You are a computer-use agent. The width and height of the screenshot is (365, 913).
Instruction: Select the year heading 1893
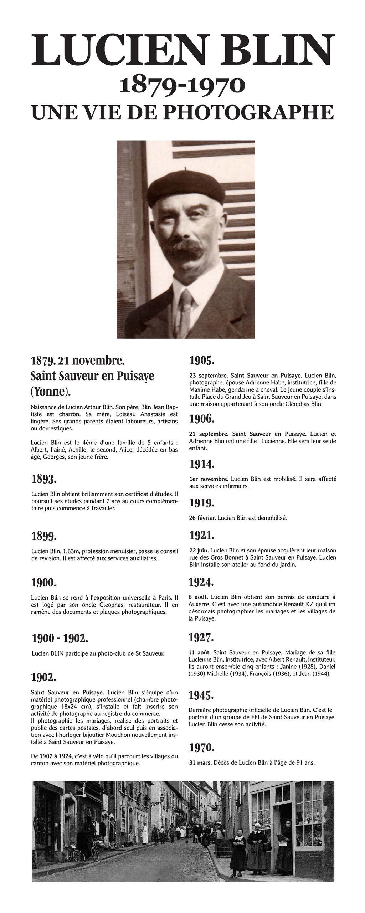[x=44, y=479]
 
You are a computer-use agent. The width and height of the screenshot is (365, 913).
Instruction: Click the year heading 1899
[x=44, y=536]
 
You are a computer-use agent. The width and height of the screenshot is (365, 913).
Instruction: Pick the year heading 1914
[x=202, y=464]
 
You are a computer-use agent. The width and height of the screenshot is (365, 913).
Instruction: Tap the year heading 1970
[x=201, y=747]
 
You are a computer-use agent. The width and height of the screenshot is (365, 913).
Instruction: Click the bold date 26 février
[x=202, y=518]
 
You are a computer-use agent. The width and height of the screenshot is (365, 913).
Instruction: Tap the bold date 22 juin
[x=200, y=551]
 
